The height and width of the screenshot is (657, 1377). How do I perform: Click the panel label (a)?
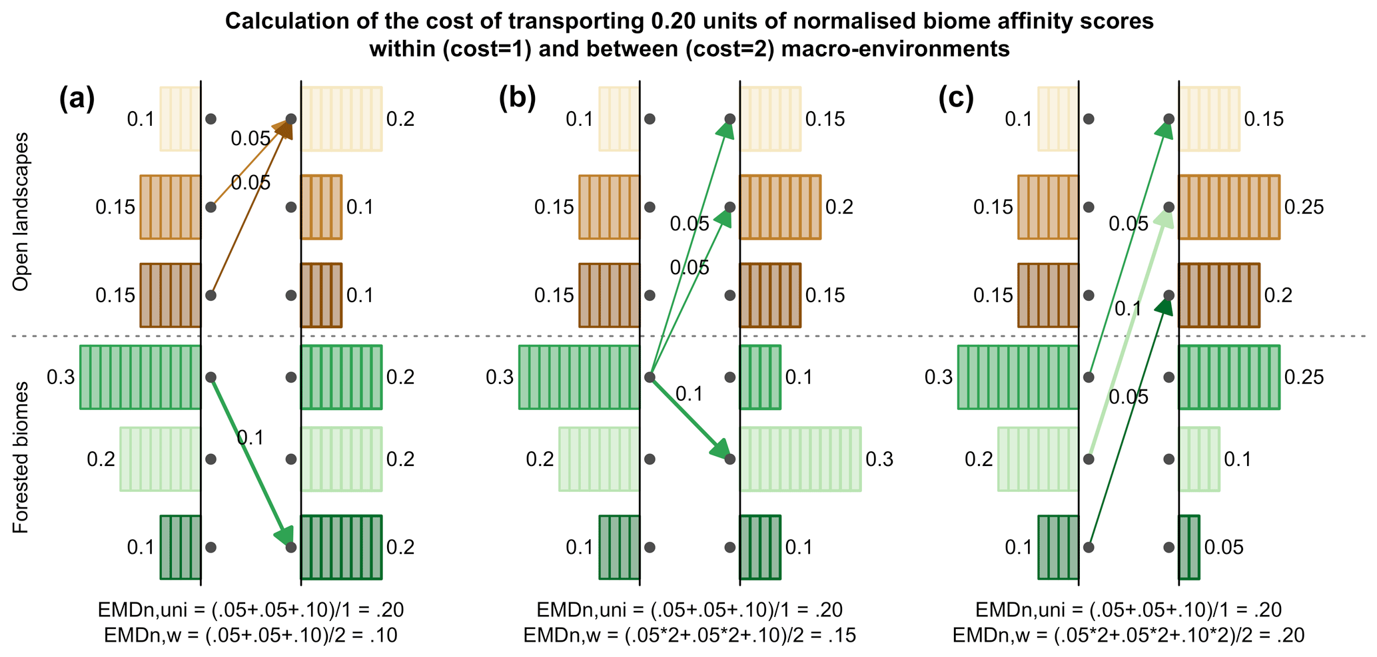(77, 99)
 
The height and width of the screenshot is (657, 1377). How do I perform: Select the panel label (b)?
(516, 99)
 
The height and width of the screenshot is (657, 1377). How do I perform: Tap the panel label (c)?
(955, 99)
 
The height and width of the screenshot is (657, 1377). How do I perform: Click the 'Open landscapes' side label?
(21, 212)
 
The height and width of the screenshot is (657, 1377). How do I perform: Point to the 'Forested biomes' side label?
(21, 457)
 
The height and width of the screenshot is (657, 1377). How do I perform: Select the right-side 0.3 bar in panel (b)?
(800, 459)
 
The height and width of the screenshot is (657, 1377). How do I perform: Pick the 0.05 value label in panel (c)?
(1224, 547)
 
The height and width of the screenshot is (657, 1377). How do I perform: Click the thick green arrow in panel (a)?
(251, 461)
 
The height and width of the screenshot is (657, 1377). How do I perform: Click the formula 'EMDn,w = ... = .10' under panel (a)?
(250, 636)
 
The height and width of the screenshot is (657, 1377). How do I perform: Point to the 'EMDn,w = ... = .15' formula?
(689, 636)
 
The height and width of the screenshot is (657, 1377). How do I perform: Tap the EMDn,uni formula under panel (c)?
(1129, 610)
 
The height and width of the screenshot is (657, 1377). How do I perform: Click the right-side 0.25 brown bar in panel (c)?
(1229, 207)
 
